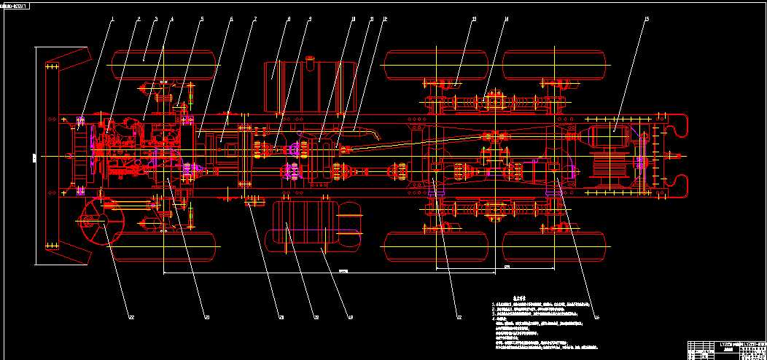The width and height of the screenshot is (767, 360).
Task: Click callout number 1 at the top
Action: click(113, 20)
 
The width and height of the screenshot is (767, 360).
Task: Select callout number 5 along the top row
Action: click(202, 20)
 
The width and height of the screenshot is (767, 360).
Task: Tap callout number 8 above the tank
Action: click(289, 20)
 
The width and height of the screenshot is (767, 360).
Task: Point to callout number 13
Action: click(474, 20)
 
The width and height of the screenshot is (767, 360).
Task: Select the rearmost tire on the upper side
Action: click(556, 64)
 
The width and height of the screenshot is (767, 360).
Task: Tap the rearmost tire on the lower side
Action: click(556, 246)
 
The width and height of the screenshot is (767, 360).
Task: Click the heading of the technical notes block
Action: click(499, 297)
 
